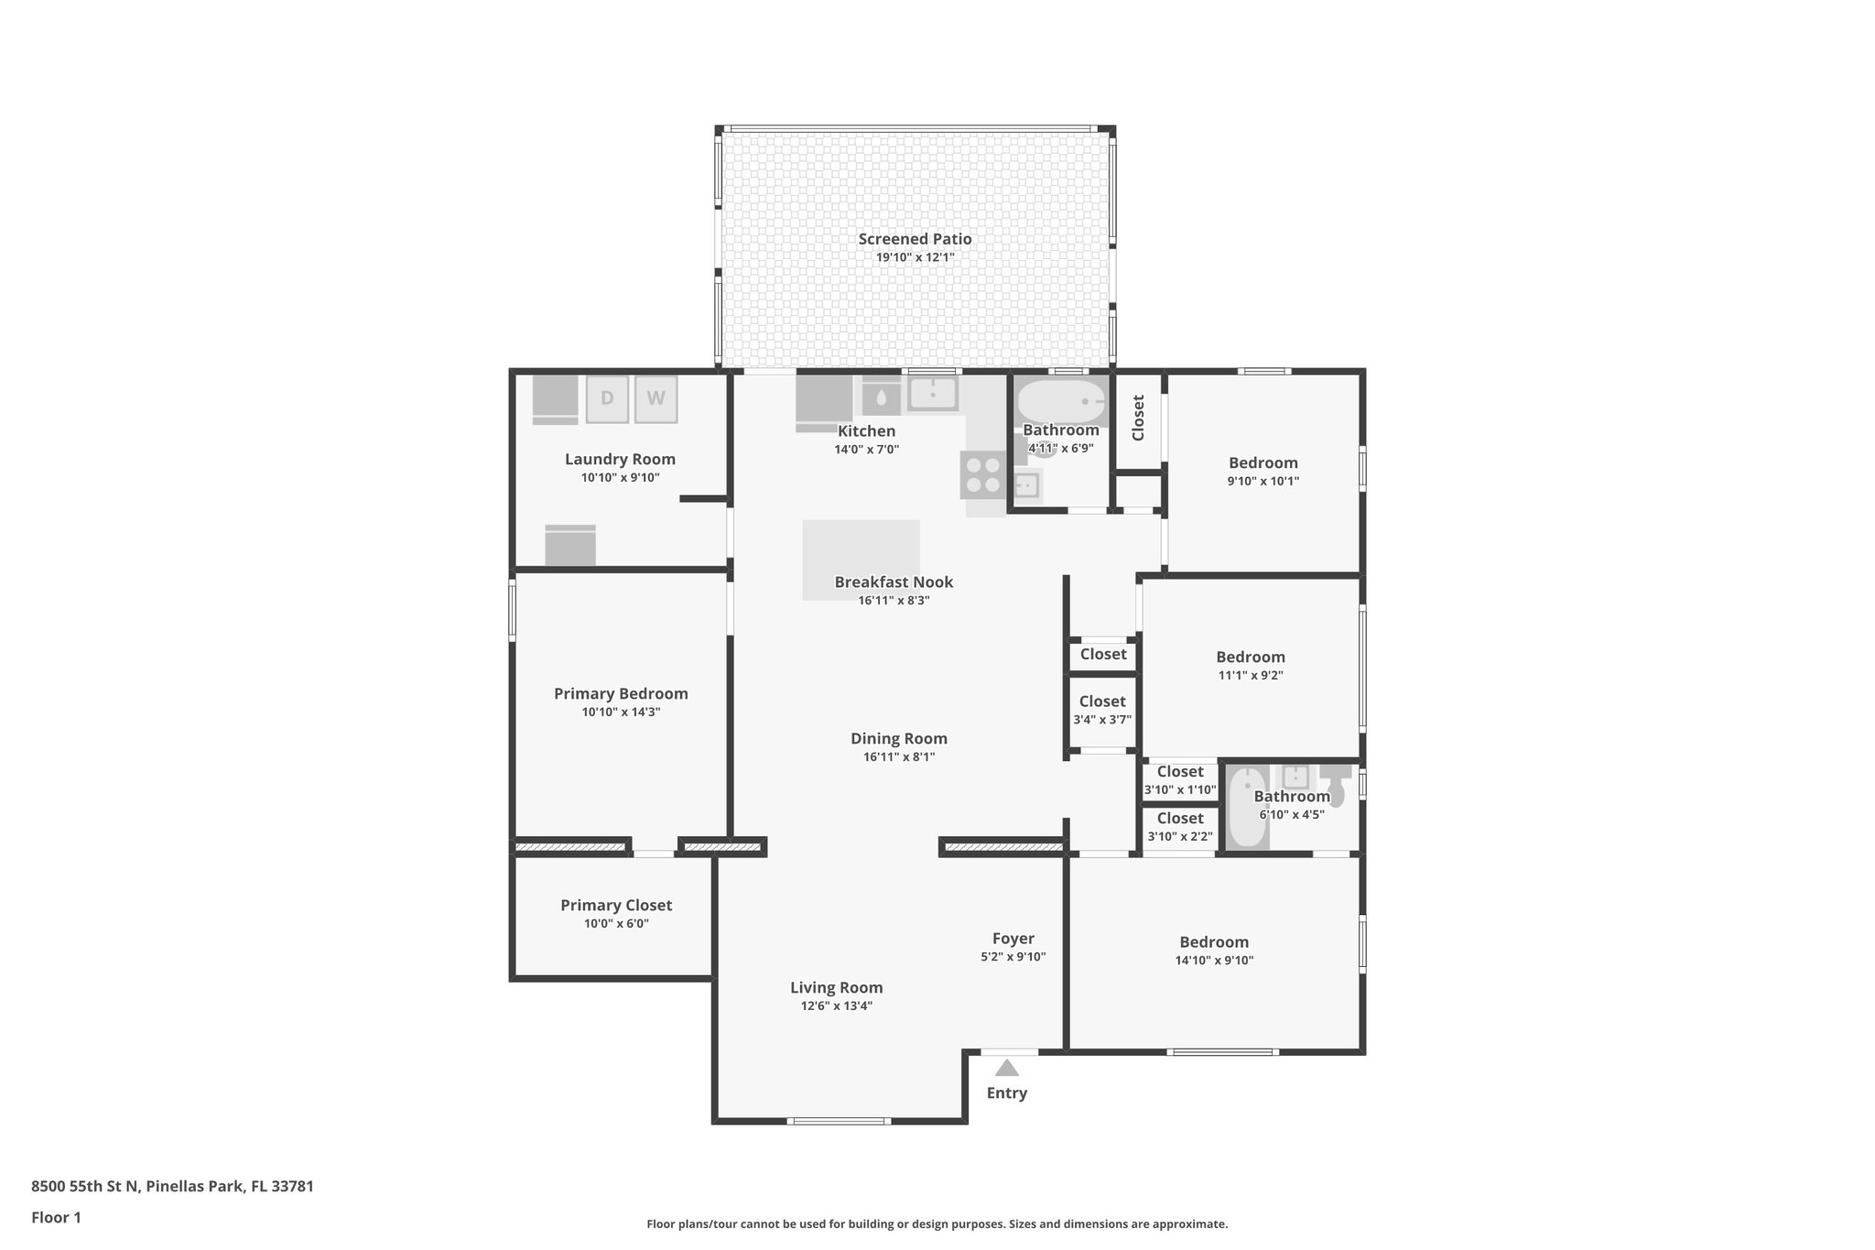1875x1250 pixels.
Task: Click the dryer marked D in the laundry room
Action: coord(607,399)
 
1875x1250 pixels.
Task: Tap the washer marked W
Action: coord(656,399)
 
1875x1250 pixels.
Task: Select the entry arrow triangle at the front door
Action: coord(1007,1068)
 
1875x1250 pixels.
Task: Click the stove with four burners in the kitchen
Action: coord(983,475)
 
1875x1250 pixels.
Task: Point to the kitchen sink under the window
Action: coord(932,394)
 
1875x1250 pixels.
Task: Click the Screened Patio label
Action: coord(915,239)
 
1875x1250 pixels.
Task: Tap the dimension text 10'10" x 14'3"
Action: coord(621,712)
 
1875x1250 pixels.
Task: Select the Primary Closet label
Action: coord(616,906)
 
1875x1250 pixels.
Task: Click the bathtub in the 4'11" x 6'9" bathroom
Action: coord(1060,402)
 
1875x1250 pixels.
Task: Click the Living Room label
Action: coord(836,988)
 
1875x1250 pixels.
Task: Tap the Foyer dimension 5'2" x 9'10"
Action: coord(1013,957)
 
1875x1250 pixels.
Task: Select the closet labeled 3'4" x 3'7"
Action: coord(1102,711)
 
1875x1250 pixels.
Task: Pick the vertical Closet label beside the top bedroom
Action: coord(1138,418)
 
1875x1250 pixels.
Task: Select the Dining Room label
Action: coord(898,739)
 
